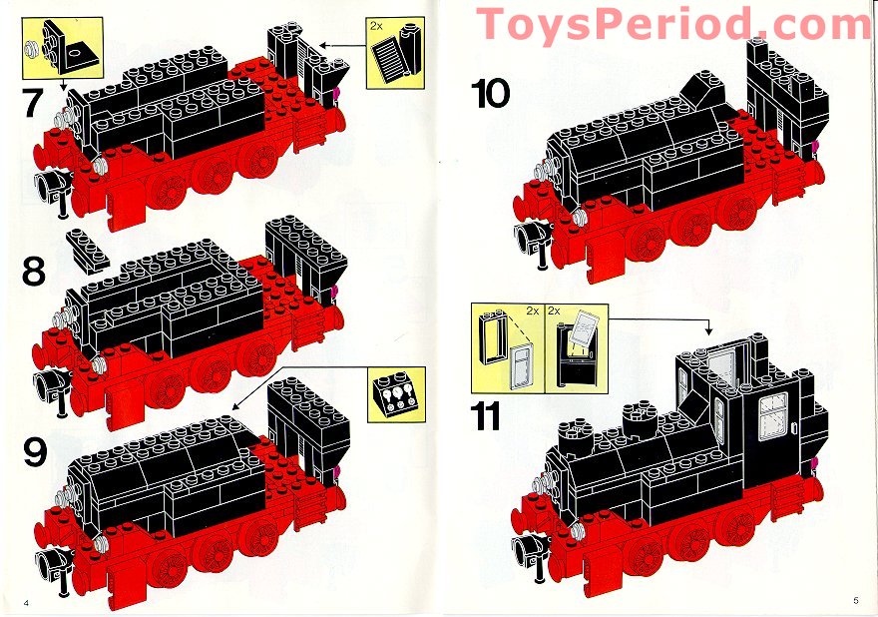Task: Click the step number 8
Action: tap(33, 272)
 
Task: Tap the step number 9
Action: tap(35, 452)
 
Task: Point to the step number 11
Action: tap(486, 415)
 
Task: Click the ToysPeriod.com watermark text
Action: tap(673, 24)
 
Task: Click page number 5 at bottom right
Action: tap(855, 600)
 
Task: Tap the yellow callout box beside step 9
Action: tap(396, 394)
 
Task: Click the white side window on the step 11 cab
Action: tap(773, 415)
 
